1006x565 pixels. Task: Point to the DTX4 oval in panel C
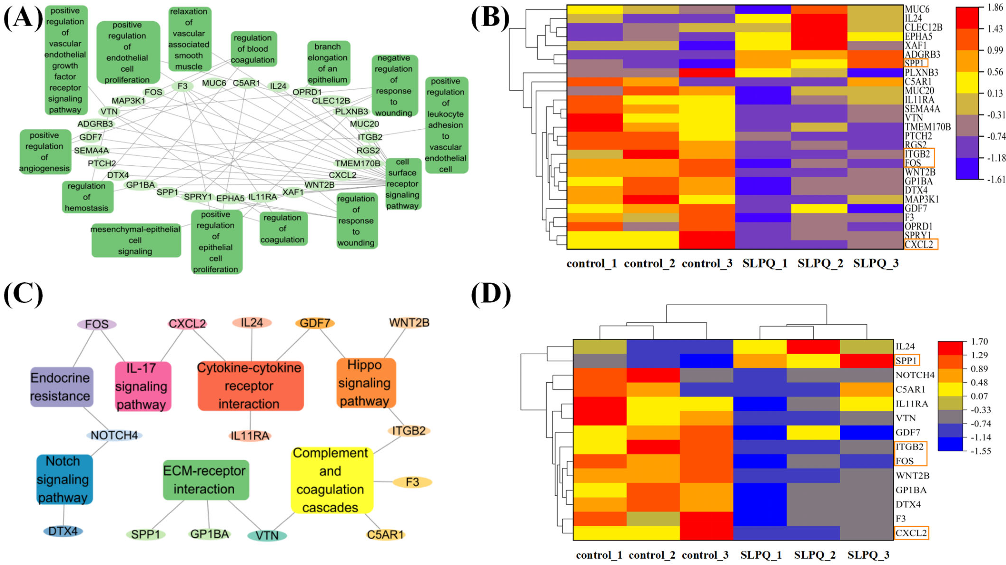click(x=63, y=531)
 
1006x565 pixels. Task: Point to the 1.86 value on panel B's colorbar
click(x=995, y=7)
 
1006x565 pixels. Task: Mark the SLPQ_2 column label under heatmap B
click(x=820, y=263)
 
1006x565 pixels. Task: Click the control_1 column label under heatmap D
click(x=599, y=555)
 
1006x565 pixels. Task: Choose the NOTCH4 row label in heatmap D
click(x=915, y=375)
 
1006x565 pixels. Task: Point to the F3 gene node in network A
click(x=182, y=86)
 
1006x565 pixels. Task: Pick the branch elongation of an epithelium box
click(x=328, y=63)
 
